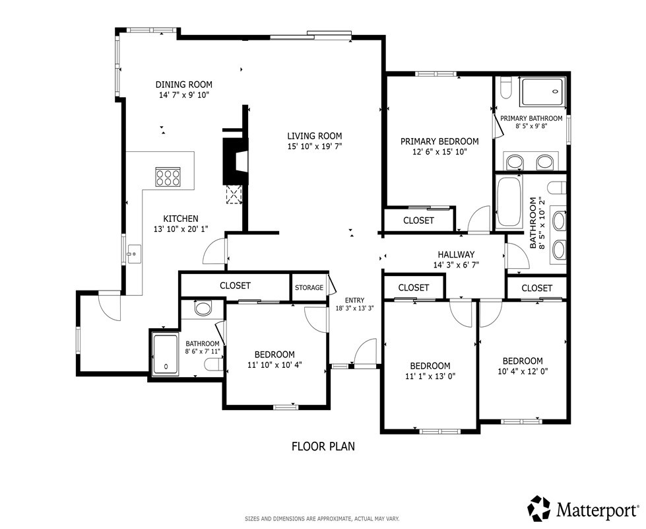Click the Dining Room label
click(183, 85)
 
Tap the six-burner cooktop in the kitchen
click(168, 177)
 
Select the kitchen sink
click(134, 254)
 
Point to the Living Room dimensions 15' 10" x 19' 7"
click(315, 146)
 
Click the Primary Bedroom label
click(439, 141)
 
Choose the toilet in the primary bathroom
click(505, 88)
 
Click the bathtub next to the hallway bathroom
click(509, 202)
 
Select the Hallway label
click(456, 255)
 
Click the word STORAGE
click(309, 287)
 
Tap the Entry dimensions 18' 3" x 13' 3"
click(354, 308)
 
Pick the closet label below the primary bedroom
click(418, 221)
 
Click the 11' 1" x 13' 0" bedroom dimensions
click(430, 376)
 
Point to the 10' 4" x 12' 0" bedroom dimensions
click(523, 371)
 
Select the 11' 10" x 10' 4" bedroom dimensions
click(275, 365)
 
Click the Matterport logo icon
click(540, 509)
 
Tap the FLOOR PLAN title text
click(323, 446)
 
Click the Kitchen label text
click(181, 219)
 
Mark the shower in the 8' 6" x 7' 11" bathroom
click(165, 354)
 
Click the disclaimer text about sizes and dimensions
click(322, 518)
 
